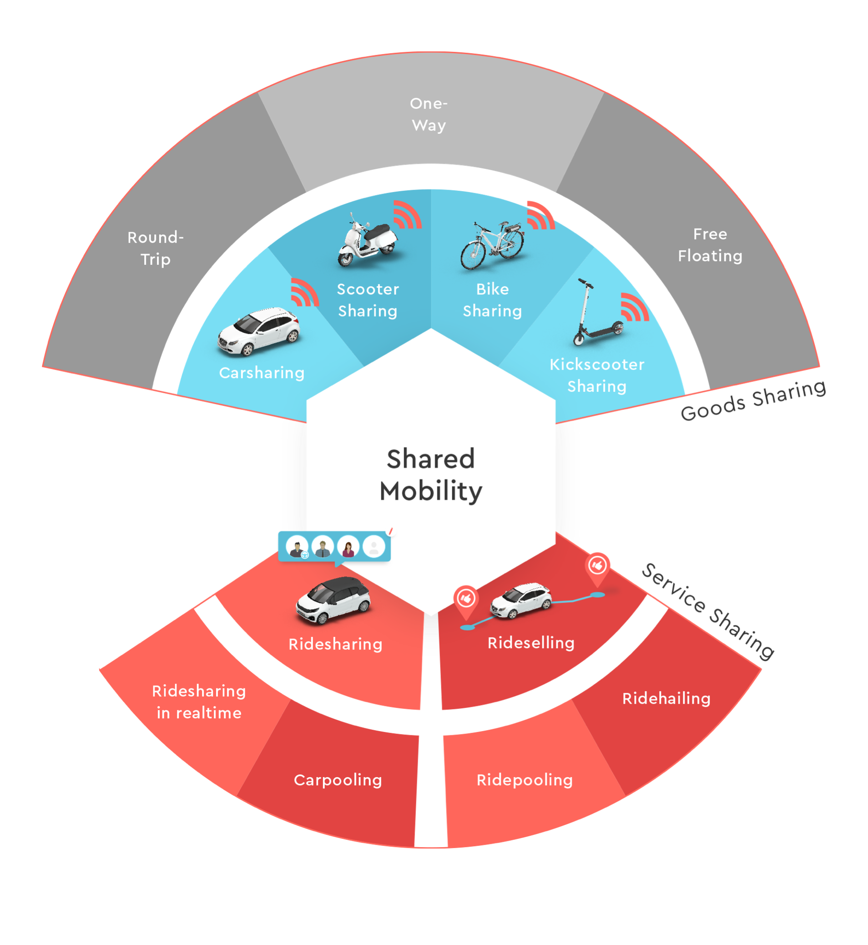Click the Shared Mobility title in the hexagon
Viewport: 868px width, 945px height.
pyautogui.click(x=431, y=475)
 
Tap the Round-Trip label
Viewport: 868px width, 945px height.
pyautogui.click(x=156, y=248)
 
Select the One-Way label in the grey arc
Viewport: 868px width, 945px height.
pyautogui.click(x=429, y=114)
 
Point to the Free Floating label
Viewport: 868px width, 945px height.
pyautogui.click(x=710, y=245)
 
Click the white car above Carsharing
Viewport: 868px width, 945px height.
pyautogui.click(x=259, y=331)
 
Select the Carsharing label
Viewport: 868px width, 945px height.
pyautogui.click(x=262, y=373)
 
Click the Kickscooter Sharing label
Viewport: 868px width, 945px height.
pyautogui.click(x=596, y=375)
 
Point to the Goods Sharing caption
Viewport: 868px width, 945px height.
pyautogui.click(x=753, y=400)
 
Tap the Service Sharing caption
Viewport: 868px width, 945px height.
pyautogui.click(x=707, y=610)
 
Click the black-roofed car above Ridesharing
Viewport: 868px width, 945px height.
pyautogui.click(x=333, y=600)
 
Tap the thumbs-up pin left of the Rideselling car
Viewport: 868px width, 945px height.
pyautogui.click(x=466, y=600)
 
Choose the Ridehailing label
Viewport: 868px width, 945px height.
pyautogui.click(x=666, y=698)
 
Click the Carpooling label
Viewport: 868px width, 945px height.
pyautogui.click(x=338, y=780)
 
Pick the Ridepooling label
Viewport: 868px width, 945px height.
pyautogui.click(x=525, y=780)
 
